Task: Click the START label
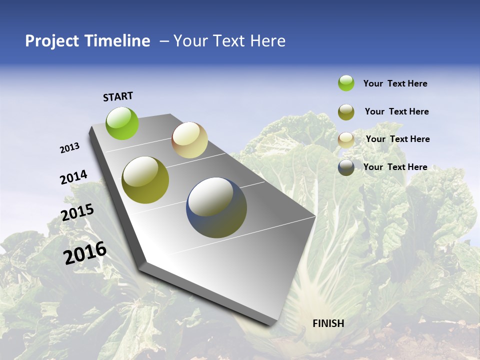(x=118, y=96)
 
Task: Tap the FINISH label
(x=328, y=323)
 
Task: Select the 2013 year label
(x=70, y=148)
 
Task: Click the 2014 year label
(x=73, y=177)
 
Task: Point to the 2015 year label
(x=77, y=212)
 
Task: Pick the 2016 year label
(x=85, y=253)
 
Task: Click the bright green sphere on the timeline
(x=122, y=123)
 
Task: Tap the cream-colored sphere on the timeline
(x=189, y=140)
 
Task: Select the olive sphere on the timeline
(x=145, y=180)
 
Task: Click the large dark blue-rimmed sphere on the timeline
(x=216, y=207)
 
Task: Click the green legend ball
(x=346, y=83)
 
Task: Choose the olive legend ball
(x=346, y=112)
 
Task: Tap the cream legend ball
(x=346, y=140)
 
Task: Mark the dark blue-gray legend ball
(x=346, y=167)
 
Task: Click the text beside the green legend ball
(x=395, y=84)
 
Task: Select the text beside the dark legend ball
(x=395, y=167)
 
